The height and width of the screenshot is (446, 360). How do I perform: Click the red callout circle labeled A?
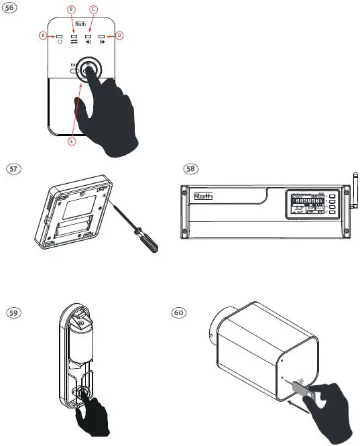[x=44, y=35]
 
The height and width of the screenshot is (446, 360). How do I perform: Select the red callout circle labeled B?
[x=72, y=8]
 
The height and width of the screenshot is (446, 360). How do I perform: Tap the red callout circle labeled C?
[x=94, y=8]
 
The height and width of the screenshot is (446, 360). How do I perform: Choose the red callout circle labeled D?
[x=119, y=35]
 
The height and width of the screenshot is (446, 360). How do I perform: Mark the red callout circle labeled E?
[x=72, y=142]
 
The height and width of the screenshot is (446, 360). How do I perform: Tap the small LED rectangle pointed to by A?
[x=59, y=35]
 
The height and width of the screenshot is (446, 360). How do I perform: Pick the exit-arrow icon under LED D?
[x=103, y=42]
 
